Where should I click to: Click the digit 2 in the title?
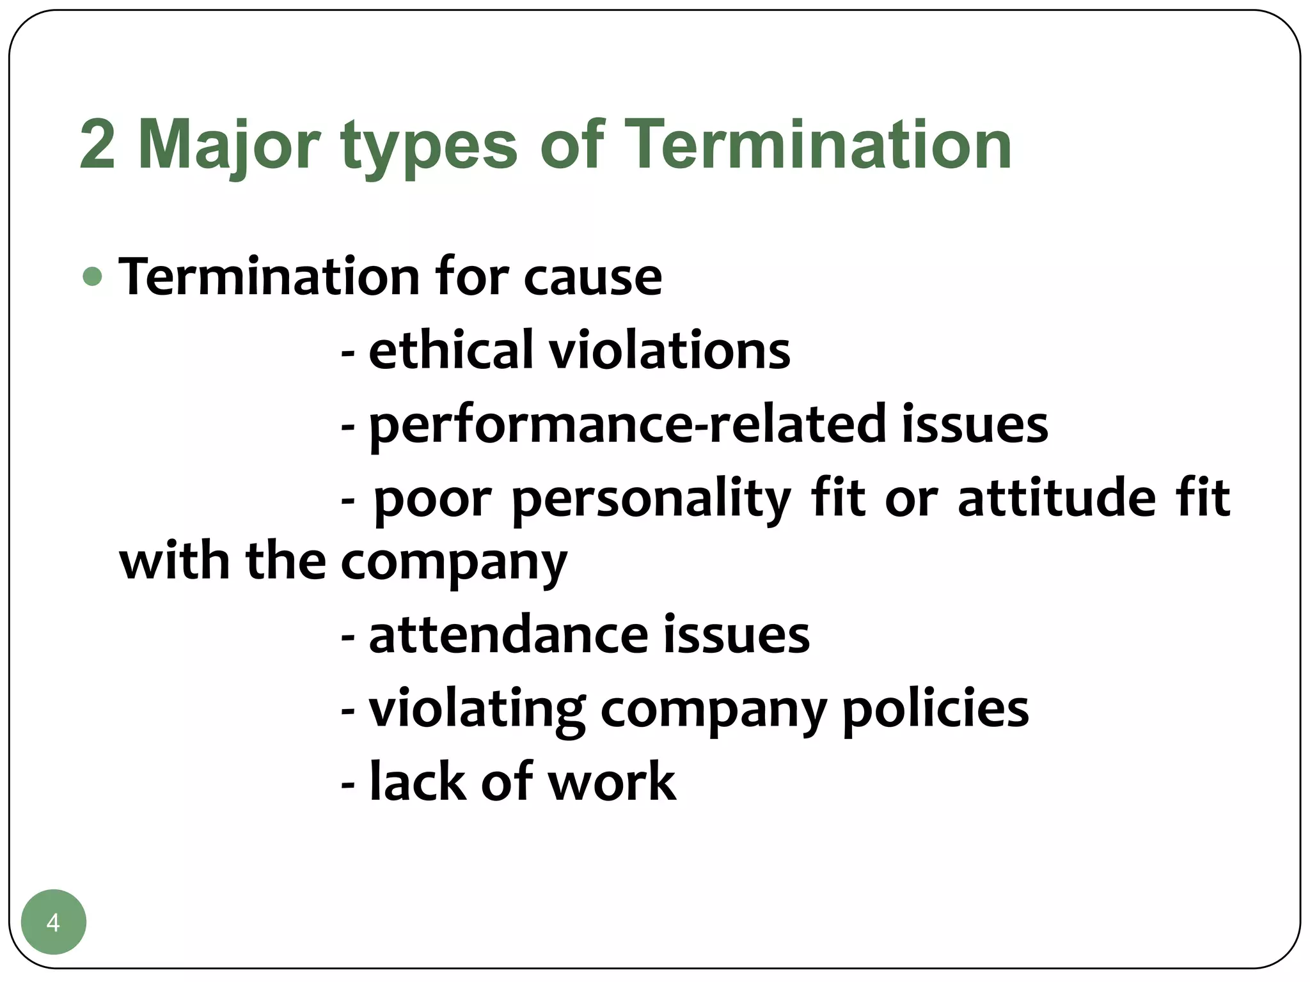tap(97, 146)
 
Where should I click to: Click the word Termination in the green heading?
tap(817, 146)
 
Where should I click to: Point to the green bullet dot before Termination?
tap(93, 277)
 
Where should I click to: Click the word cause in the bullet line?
tap(592, 279)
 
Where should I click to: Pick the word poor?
tap(433, 500)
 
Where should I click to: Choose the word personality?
tap(651, 500)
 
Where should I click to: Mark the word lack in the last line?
tap(418, 781)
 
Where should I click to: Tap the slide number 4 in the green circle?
tap(53, 923)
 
